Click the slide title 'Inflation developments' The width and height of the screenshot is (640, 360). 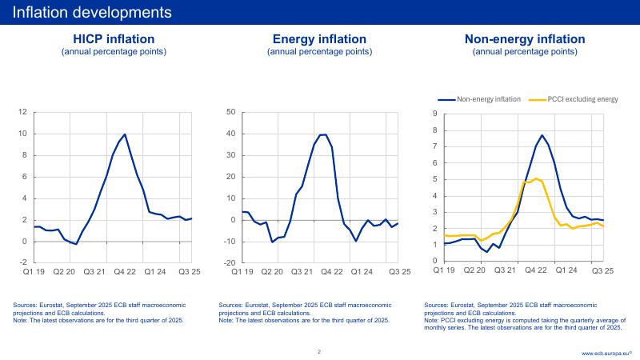pos(92,12)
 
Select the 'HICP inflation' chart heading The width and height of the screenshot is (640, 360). pos(114,39)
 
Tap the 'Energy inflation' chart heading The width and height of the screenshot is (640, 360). pos(319,39)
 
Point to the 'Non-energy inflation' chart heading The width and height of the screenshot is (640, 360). pos(525,39)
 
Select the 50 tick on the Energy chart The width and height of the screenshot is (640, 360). pos(230,112)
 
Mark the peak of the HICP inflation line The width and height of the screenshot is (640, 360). pos(125,134)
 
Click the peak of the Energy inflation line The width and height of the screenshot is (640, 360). pos(324,134)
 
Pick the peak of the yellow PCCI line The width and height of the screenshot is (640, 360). pos(536,178)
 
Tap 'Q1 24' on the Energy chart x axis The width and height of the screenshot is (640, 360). pos(360,272)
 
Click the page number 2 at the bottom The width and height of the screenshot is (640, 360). pos(319,351)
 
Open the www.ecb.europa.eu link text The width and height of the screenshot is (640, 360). pos(606,353)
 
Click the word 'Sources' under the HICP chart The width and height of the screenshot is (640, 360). pos(26,306)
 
